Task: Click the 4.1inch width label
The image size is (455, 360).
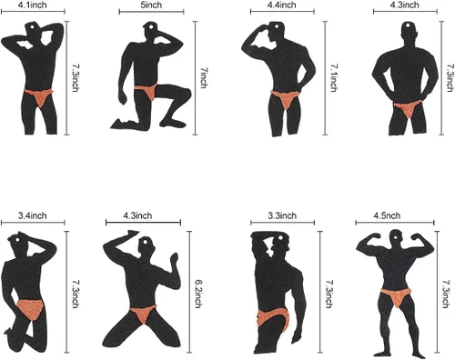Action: [33, 5]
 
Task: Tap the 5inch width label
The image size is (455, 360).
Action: [151, 5]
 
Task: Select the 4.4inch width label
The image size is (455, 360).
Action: [282, 5]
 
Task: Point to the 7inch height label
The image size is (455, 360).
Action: [204, 77]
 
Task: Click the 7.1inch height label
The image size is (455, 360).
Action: [334, 77]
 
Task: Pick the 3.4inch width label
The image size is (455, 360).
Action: [33, 215]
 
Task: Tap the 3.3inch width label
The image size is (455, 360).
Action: [282, 215]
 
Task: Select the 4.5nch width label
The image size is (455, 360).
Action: [387, 215]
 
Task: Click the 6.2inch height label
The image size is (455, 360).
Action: [198, 294]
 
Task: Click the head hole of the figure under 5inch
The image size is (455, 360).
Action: [150, 27]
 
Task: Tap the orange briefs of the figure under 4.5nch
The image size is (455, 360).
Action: [396, 296]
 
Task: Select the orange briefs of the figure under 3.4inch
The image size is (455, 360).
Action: [30, 308]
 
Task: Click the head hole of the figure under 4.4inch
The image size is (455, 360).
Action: [277, 26]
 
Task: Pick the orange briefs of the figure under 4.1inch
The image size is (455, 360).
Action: [39, 96]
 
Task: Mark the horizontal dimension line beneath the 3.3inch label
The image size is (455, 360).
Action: [282, 223]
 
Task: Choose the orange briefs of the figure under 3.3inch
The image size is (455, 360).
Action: [273, 318]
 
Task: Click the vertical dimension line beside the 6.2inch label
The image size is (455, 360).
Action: [189, 292]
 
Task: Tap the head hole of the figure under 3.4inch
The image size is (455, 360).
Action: [17, 240]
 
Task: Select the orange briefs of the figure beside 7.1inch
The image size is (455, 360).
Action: [286, 98]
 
